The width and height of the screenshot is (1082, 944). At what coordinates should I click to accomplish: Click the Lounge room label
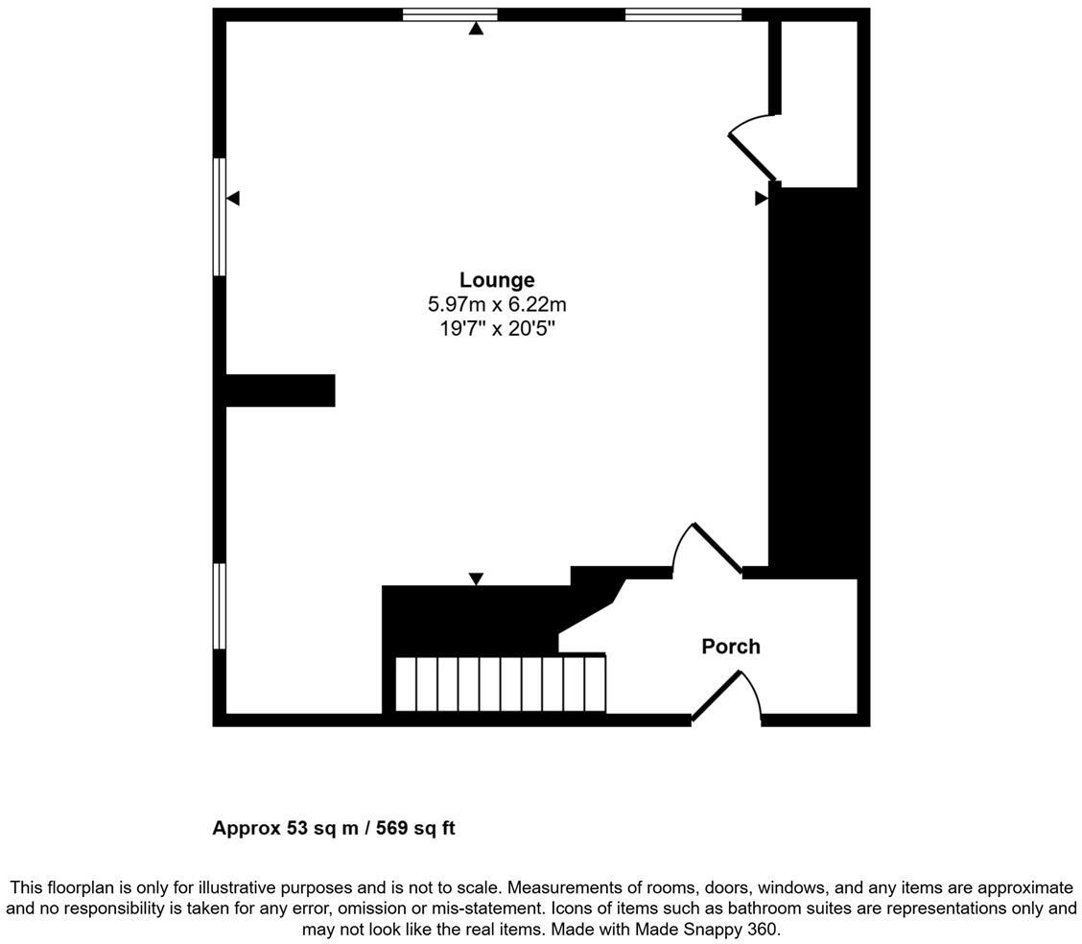point(496,280)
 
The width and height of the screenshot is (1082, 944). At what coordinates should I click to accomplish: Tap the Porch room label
point(731,647)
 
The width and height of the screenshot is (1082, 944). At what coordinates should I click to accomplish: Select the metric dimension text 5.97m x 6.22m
point(496,305)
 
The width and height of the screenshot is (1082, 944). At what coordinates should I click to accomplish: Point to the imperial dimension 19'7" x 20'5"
point(496,328)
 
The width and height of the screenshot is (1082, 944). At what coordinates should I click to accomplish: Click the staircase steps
point(500,684)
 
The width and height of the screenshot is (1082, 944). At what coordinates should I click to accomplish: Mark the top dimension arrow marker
point(476,29)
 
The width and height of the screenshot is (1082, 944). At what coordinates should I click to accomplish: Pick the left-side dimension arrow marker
point(233,199)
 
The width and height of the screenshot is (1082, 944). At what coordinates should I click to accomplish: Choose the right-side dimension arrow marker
point(761,199)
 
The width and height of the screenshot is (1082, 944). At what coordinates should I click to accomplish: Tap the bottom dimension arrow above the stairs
point(476,578)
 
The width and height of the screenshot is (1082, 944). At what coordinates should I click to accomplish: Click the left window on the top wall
point(450,14)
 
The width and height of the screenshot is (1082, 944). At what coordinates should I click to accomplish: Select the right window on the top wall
point(683,14)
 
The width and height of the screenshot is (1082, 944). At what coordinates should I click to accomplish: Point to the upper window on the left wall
point(220,217)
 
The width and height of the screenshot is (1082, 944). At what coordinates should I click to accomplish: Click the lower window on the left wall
point(220,606)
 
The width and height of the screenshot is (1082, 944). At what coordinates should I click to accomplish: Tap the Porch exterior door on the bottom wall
point(717,696)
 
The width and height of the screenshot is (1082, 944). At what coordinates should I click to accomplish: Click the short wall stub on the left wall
point(279,390)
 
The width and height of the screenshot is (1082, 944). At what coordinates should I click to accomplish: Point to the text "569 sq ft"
point(415,828)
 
